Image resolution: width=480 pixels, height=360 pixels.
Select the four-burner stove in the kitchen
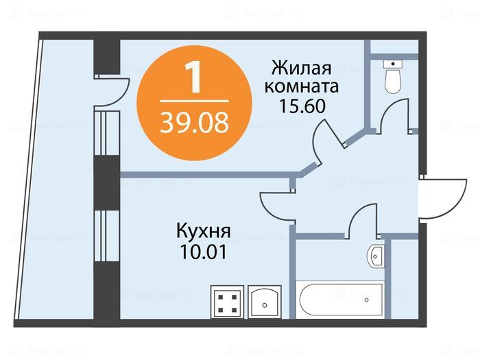point(226,300)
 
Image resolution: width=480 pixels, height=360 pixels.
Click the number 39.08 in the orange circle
point(194,123)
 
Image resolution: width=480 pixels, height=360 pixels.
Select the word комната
point(302,88)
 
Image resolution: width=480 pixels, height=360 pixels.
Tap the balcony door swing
point(112,89)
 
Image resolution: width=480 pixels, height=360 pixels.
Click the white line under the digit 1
point(194,100)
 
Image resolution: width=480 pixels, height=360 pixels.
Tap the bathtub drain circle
point(368,299)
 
